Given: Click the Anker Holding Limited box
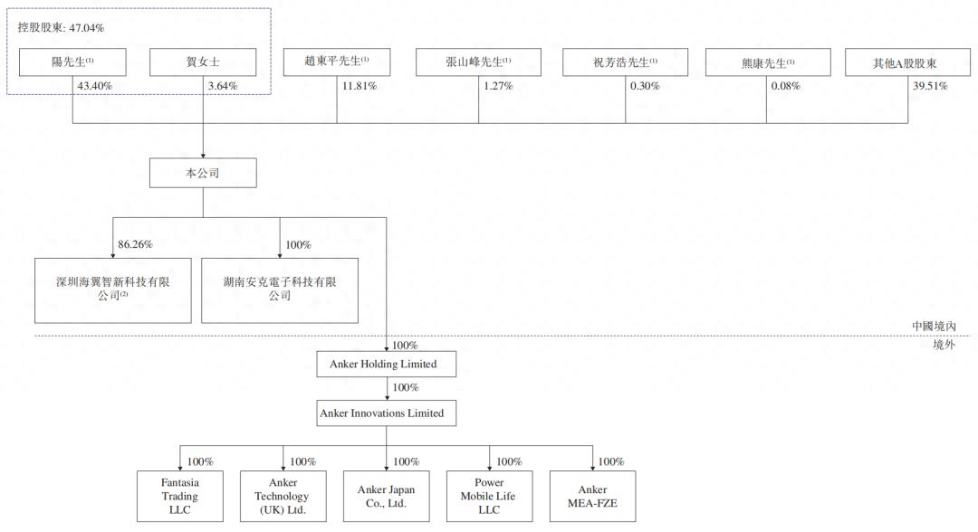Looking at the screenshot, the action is click(386, 364).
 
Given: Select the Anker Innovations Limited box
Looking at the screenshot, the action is click(386, 413).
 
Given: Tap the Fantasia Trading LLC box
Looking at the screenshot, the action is click(180, 496).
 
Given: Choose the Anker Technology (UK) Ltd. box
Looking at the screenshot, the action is click(283, 496).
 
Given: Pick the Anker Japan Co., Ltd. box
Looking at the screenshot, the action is click(386, 496).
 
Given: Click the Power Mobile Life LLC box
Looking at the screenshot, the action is click(490, 496).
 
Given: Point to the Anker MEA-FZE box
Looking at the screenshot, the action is click(592, 496).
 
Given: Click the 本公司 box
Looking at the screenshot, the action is click(203, 173).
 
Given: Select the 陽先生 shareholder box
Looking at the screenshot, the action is click(72, 62).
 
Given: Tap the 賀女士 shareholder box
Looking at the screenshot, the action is click(203, 62).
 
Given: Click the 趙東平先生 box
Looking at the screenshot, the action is click(337, 62).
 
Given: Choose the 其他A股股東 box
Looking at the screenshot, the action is click(907, 62).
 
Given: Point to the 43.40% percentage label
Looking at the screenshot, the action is click(95, 86).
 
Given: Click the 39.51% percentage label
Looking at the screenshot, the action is click(930, 86).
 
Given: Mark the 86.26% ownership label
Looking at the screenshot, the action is click(135, 244).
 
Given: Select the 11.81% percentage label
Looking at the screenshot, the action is click(360, 86).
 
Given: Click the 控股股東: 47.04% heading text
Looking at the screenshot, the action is click(61, 27).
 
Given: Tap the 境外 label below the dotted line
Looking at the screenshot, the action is click(944, 345).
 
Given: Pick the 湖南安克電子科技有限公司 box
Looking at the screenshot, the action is click(280, 290).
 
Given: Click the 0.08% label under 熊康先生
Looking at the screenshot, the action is click(786, 86).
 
